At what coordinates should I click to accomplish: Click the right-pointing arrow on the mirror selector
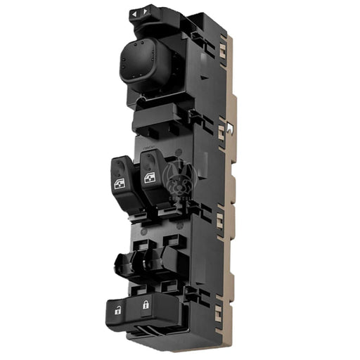coord(145,11)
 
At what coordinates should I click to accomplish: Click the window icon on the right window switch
coord(149,178)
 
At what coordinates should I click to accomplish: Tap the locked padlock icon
coord(146,305)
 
